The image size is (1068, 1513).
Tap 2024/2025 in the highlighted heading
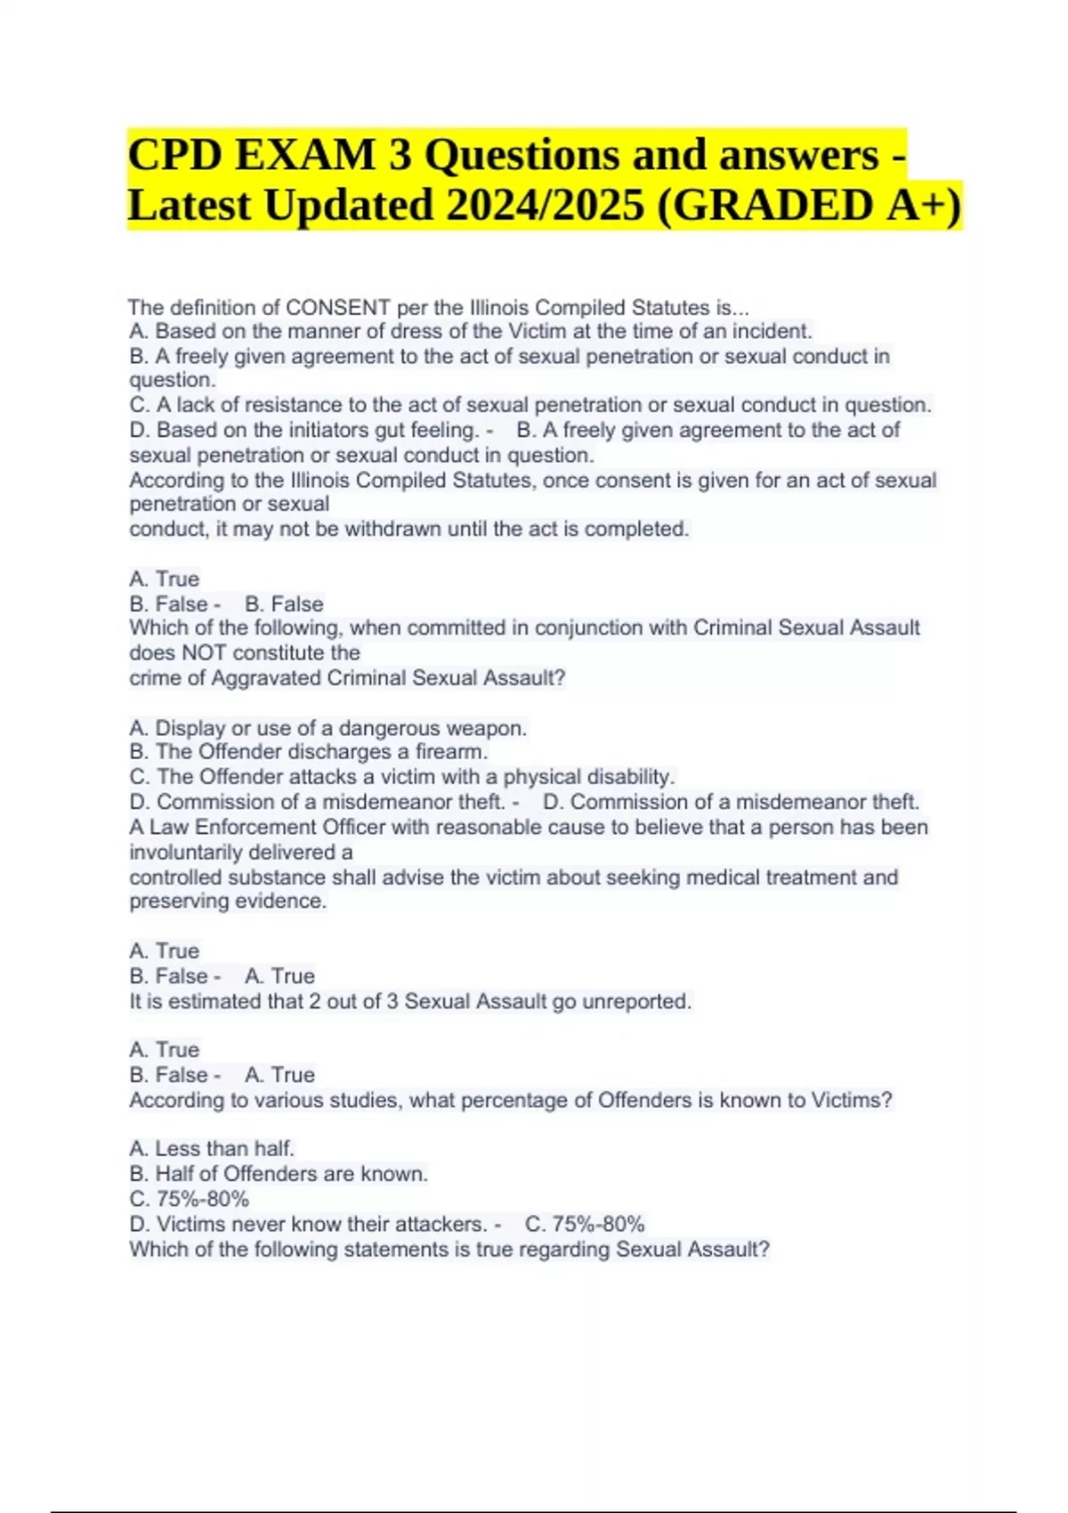point(546,206)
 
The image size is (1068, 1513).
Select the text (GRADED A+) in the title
point(809,206)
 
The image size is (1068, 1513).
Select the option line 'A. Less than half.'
point(212,1149)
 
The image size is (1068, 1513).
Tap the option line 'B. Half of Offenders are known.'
point(279,1174)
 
